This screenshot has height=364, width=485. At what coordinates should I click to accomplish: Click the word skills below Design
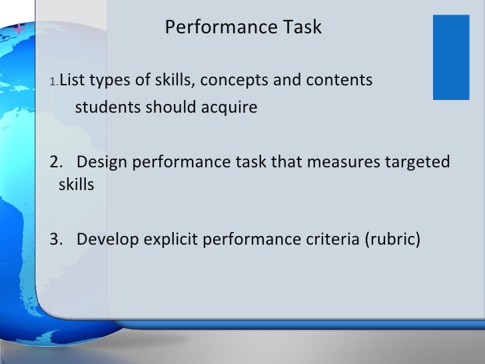(x=76, y=185)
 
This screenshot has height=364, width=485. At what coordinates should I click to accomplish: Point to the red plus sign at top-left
(x=17, y=29)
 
